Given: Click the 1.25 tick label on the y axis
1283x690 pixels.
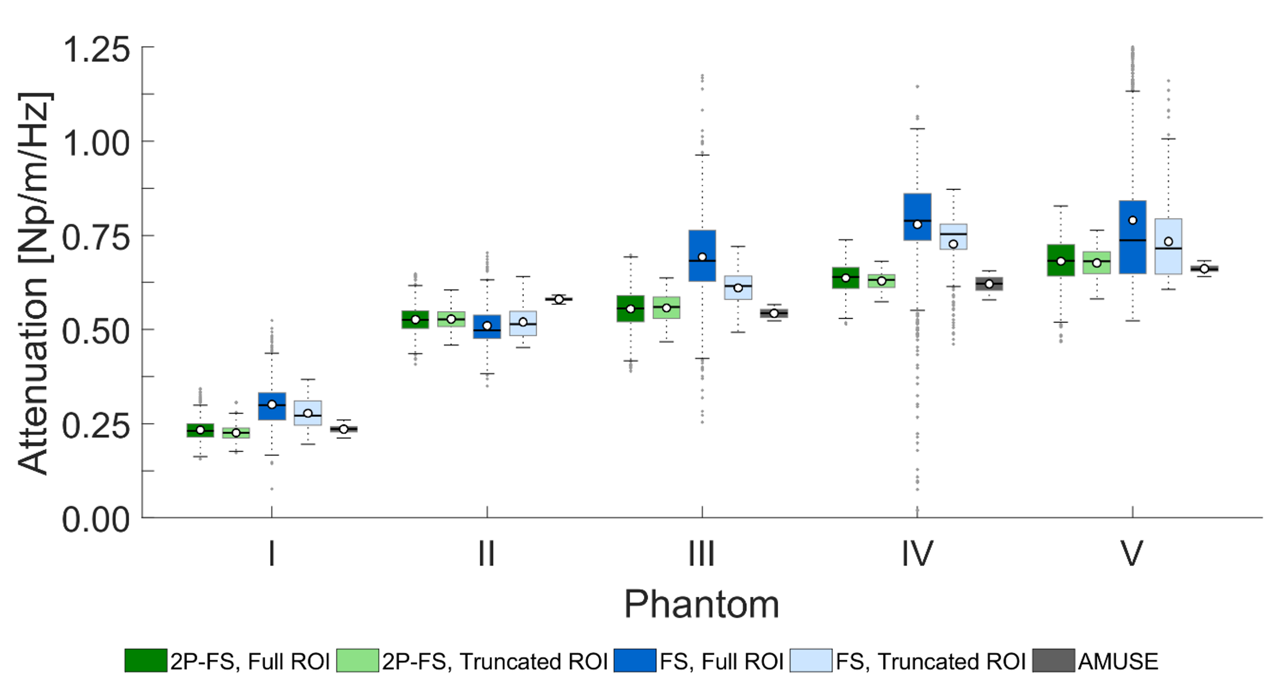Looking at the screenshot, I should point(96,50).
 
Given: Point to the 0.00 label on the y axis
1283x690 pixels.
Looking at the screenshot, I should point(96,520).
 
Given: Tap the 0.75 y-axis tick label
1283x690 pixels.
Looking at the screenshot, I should point(96,238).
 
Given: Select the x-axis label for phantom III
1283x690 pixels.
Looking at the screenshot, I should point(701,554).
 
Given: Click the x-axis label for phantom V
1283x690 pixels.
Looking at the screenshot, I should point(1131,554).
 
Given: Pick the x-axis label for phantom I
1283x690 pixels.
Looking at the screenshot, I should point(271,554).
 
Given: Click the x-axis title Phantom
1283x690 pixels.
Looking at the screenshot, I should point(701,604).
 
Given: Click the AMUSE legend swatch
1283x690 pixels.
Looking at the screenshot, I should point(1053,661).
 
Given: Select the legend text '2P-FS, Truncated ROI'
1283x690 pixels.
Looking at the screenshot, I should point(494,662).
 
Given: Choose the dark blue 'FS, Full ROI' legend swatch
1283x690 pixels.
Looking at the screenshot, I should point(634,661).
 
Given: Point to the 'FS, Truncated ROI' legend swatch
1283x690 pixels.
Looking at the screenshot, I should point(811,661).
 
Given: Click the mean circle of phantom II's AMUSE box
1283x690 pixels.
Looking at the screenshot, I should point(559,299).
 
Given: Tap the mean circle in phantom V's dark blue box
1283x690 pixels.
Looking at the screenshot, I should point(1132,220).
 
